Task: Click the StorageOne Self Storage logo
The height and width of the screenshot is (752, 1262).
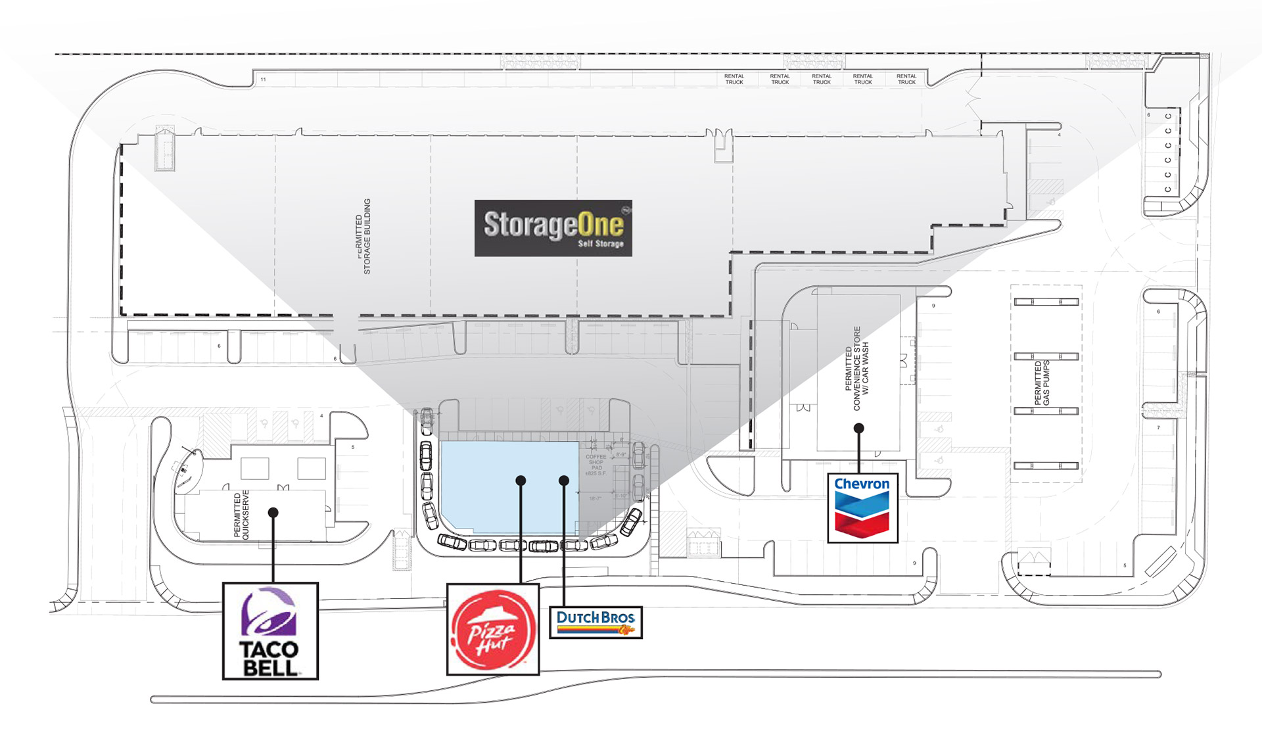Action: coord(553,228)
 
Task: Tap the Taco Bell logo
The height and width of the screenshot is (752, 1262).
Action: coord(270,631)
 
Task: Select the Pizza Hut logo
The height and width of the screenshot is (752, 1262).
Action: coord(493,630)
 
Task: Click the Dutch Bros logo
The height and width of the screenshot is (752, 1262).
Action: coord(596,623)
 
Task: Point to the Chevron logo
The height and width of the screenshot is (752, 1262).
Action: coord(862,507)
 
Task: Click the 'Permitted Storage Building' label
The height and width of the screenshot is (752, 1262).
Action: coord(363,237)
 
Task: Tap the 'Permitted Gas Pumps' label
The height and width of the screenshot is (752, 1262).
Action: coord(1042,383)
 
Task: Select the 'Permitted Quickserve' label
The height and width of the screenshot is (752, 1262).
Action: coord(241,515)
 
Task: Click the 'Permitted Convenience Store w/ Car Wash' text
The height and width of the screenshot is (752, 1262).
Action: coord(856,369)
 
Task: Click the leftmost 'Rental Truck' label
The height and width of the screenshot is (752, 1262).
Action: coord(734,80)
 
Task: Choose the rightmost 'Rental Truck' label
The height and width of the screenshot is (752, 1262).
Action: coord(906,80)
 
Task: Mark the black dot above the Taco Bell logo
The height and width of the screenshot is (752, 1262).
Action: coord(273,512)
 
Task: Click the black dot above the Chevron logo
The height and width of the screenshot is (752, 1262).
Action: coord(858,428)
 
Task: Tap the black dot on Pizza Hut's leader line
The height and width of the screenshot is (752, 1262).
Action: coord(521,481)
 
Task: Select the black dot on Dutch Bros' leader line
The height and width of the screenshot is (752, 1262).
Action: coord(564,481)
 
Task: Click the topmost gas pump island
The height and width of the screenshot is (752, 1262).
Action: coord(1046,302)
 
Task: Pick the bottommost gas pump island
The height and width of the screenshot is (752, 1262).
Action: coord(1046,466)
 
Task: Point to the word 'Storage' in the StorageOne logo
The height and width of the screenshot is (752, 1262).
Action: coord(531,225)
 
